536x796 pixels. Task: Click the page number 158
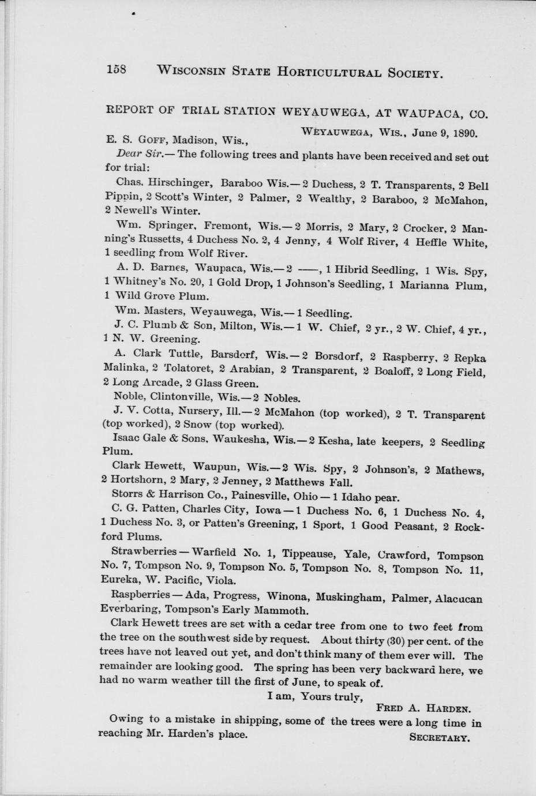[x=116, y=70]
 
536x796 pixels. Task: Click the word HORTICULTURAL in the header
[x=329, y=72]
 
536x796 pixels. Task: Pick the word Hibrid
[x=352, y=269]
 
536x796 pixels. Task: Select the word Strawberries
[x=143, y=552]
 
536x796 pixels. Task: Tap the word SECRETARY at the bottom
[x=440, y=737]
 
